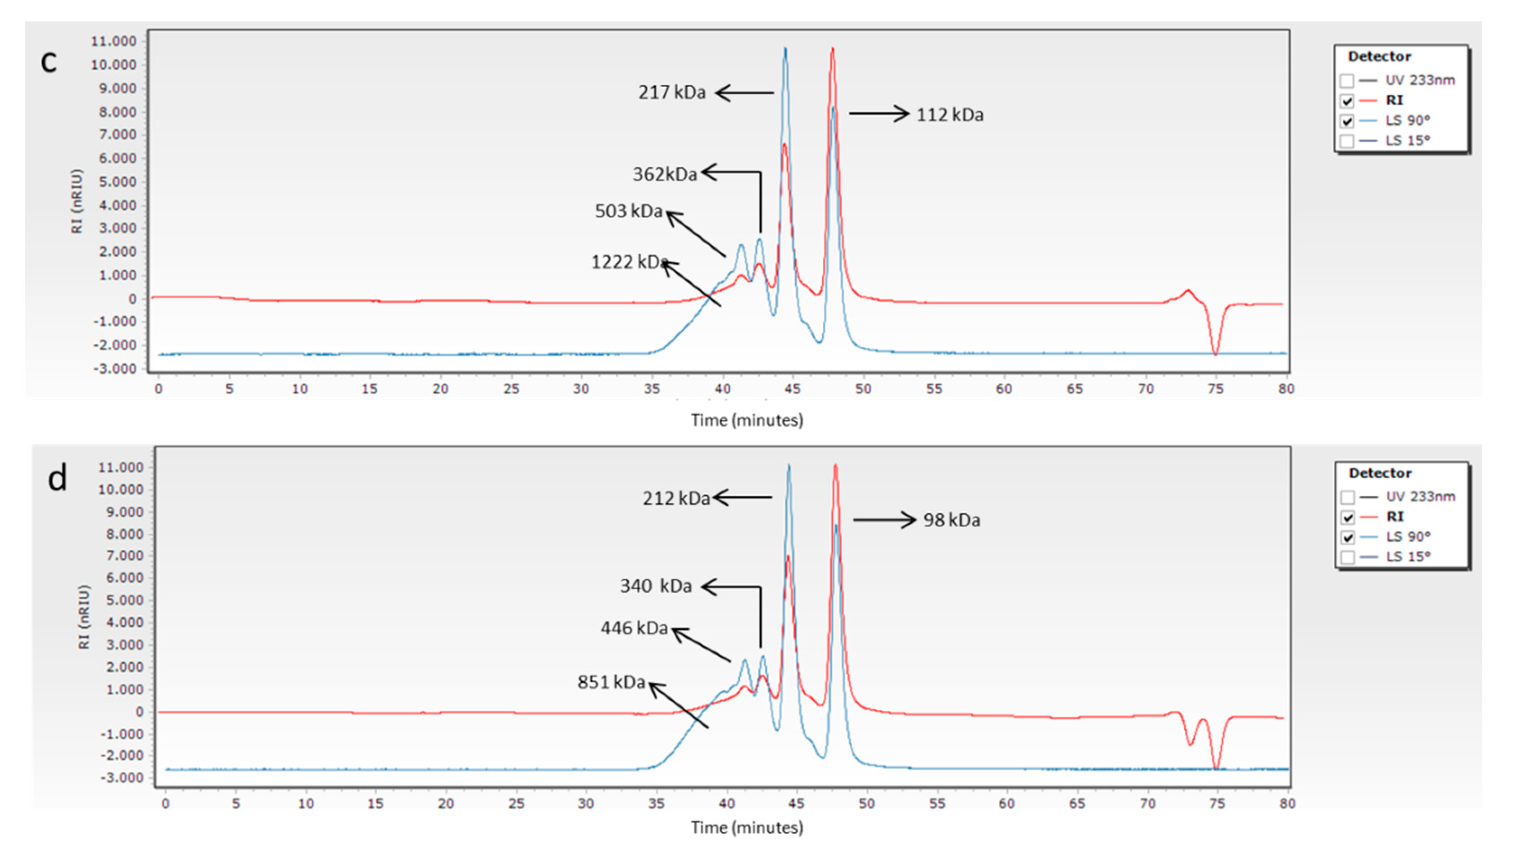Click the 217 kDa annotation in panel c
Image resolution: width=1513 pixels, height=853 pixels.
[x=672, y=92]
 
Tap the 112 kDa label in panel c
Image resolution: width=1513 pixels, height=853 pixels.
[x=950, y=115]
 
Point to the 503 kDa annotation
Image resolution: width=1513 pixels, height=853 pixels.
[x=628, y=211]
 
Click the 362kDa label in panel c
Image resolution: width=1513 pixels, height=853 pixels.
[x=664, y=174]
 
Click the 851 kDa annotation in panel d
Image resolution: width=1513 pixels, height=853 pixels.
[x=611, y=682]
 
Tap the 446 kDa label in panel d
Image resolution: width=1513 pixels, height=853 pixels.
[x=634, y=628]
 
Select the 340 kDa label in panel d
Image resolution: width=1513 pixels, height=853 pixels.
[x=656, y=586]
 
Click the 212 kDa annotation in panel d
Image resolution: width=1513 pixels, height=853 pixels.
[x=676, y=499]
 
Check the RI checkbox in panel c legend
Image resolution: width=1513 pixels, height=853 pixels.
[x=1347, y=101]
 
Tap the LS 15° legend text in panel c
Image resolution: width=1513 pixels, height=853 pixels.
[x=1407, y=141]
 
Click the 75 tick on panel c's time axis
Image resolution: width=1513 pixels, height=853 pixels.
[x=1216, y=389]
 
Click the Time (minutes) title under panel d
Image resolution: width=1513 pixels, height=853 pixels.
[x=746, y=828]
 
